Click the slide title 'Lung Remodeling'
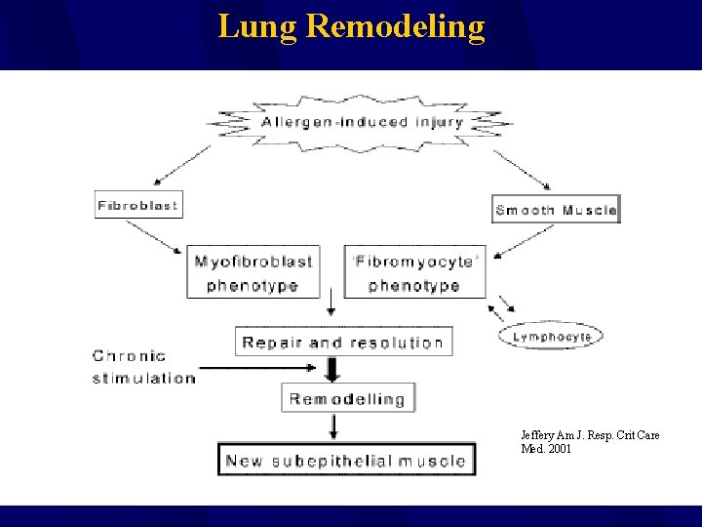tap(351, 26)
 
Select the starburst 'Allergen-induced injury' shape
tap(362, 123)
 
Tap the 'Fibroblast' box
tap(138, 205)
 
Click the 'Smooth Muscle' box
tap(556, 210)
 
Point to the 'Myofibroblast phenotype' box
tap(253, 272)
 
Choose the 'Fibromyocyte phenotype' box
tap(414, 272)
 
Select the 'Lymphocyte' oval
tap(552, 337)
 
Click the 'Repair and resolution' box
tap(343, 342)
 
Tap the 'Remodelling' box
tap(347, 398)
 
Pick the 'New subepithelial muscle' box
tap(346, 460)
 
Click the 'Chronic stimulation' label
tap(143, 367)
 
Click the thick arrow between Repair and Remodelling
tap(332, 369)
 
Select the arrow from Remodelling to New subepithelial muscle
tap(333, 426)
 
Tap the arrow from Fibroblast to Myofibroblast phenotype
tap(155, 236)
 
